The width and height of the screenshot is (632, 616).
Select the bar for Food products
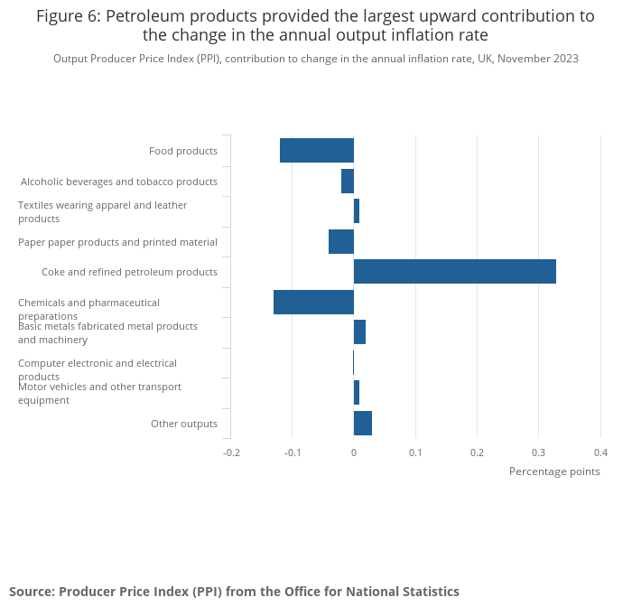(x=316, y=151)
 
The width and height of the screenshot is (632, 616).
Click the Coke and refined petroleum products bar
(x=454, y=272)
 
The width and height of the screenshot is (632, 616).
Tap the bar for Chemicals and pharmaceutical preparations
(x=313, y=303)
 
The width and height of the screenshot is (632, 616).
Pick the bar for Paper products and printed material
(x=340, y=242)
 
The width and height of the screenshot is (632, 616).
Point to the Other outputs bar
(x=363, y=423)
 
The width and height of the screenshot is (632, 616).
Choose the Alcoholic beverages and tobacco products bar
(x=347, y=182)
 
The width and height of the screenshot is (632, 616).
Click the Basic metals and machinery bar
(x=359, y=332)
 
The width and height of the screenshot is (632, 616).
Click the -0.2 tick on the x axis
(x=232, y=453)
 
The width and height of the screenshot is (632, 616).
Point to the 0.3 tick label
(x=538, y=453)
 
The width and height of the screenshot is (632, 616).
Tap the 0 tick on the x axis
(x=354, y=453)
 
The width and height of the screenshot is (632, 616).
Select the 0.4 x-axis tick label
(x=599, y=453)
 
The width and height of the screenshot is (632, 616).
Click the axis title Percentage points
(x=554, y=471)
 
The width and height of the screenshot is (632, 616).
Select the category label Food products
(x=183, y=151)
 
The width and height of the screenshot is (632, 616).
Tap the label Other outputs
(x=184, y=424)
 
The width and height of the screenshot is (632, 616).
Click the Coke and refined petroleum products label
(x=129, y=272)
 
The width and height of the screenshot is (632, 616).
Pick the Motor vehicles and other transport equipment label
(x=99, y=393)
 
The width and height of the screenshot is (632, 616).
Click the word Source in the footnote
(x=32, y=592)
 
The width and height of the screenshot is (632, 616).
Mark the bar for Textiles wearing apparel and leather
(x=357, y=211)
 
